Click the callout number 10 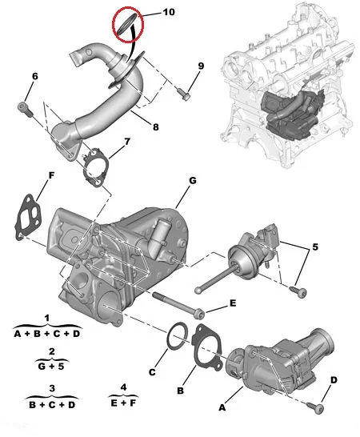(169, 12)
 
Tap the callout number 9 (201, 66)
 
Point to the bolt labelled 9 (183, 94)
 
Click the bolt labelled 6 (25, 109)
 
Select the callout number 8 (156, 127)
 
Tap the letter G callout (193, 181)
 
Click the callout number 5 (315, 247)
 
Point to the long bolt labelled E (178, 305)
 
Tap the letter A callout (222, 407)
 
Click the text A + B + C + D (47, 333)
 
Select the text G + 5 (51, 367)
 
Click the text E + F (123, 403)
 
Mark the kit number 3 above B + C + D (52, 388)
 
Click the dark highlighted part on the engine (293, 114)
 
